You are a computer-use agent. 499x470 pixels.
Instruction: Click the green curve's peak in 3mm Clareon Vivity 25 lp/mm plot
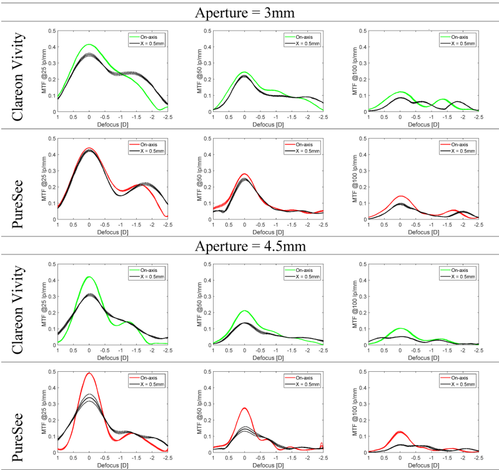click(x=89, y=44)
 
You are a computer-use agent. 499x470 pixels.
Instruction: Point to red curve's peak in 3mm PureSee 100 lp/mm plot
click(x=400, y=196)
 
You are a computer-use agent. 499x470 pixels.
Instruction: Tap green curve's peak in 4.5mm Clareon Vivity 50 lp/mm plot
click(x=244, y=311)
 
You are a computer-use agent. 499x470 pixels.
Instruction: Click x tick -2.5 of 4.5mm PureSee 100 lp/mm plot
click(x=478, y=458)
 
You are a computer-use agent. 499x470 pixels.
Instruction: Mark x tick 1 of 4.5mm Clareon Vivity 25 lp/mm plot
click(x=57, y=351)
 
